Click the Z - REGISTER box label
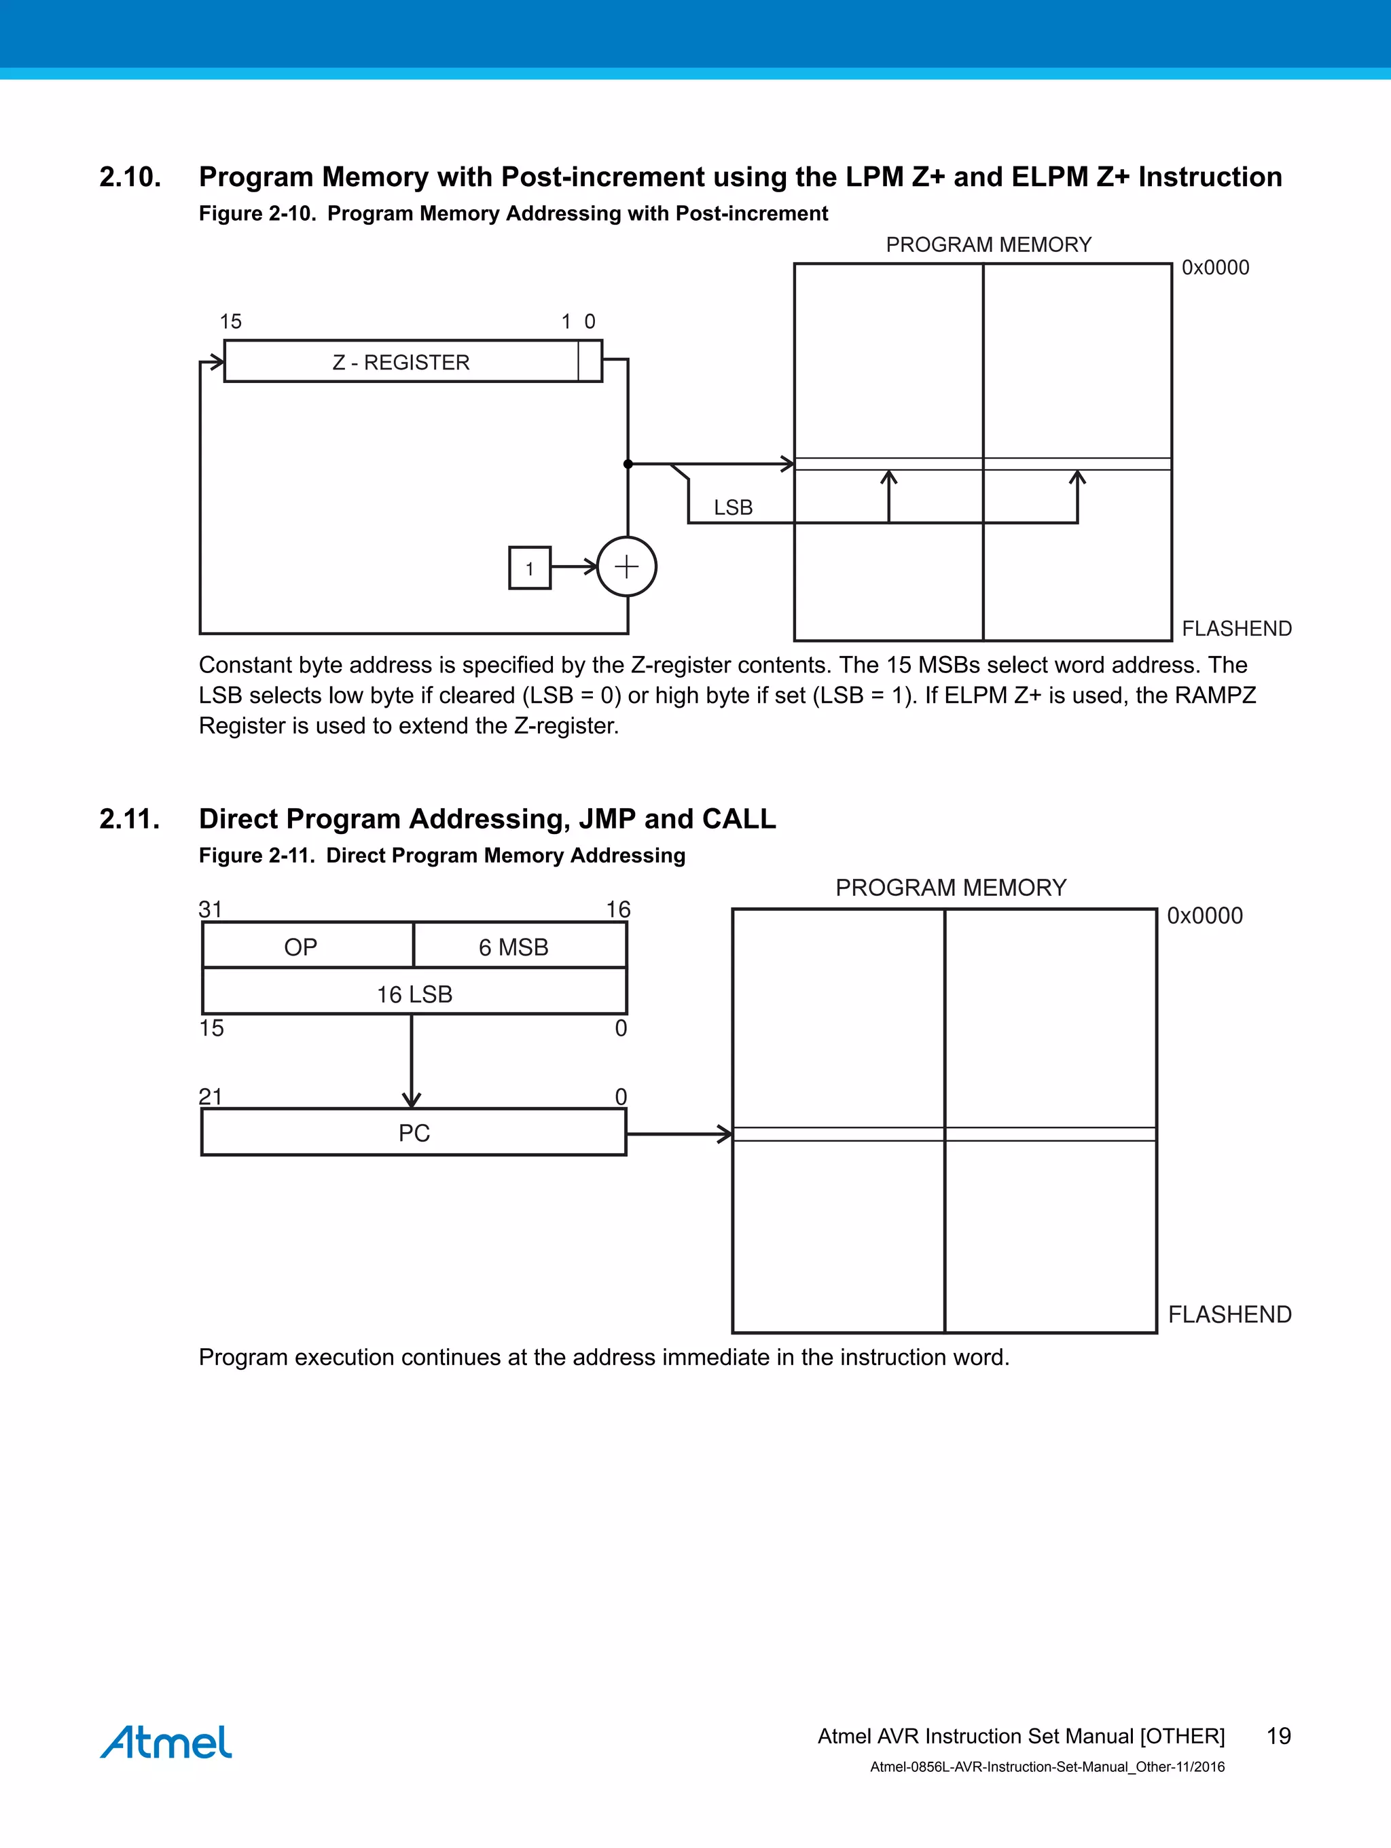pyautogui.click(x=401, y=363)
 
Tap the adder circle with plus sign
pyautogui.click(x=627, y=567)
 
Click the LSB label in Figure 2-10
pyautogui.click(x=733, y=508)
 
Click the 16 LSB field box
pyautogui.click(x=414, y=994)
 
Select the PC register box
pyautogui.click(x=414, y=1133)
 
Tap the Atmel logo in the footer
pyautogui.click(x=166, y=1741)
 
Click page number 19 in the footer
pyautogui.click(x=1278, y=1736)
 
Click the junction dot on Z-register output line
pyautogui.click(x=628, y=464)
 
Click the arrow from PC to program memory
pyautogui.click(x=679, y=1134)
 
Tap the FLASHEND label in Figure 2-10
pyautogui.click(x=1236, y=628)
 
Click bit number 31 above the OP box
pyautogui.click(x=211, y=909)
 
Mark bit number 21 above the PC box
pyautogui.click(x=211, y=1096)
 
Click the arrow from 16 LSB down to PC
pyautogui.click(x=412, y=1061)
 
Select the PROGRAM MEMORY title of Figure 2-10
pyautogui.click(x=988, y=244)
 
